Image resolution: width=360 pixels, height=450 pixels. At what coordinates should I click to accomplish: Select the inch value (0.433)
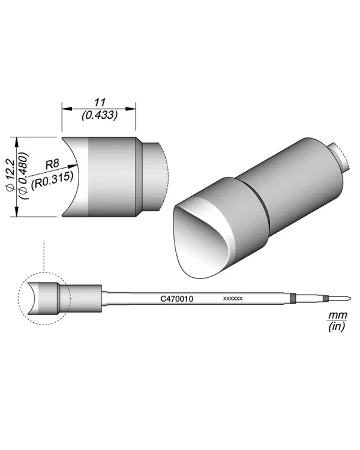point(99,114)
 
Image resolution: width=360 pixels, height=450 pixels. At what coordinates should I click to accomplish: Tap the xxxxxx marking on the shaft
point(232,298)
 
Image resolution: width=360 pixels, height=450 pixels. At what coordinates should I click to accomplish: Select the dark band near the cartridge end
point(293,298)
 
